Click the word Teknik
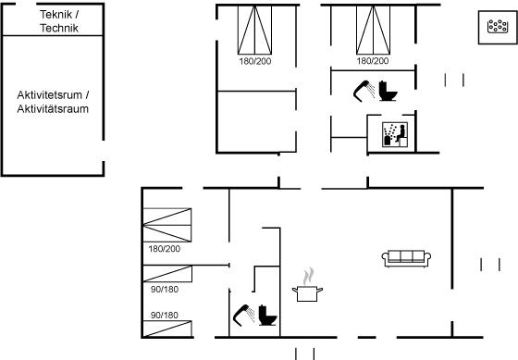click(55, 14)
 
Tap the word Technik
click(59, 28)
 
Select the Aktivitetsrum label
click(50, 95)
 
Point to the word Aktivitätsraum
click(53, 109)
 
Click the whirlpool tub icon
click(498, 27)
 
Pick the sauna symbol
click(395, 134)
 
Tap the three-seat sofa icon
click(406, 258)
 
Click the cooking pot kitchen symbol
click(307, 292)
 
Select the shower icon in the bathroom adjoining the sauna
click(364, 90)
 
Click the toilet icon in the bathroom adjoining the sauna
click(388, 91)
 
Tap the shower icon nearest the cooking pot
click(243, 315)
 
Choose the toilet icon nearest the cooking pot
click(267, 315)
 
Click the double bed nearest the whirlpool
click(373, 30)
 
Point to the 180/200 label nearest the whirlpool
click(373, 61)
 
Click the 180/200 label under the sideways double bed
click(165, 249)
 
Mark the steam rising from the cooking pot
click(308, 276)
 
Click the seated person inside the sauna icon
click(401, 133)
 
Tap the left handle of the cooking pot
click(295, 291)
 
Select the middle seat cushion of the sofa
click(406, 255)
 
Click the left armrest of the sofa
click(385, 258)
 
